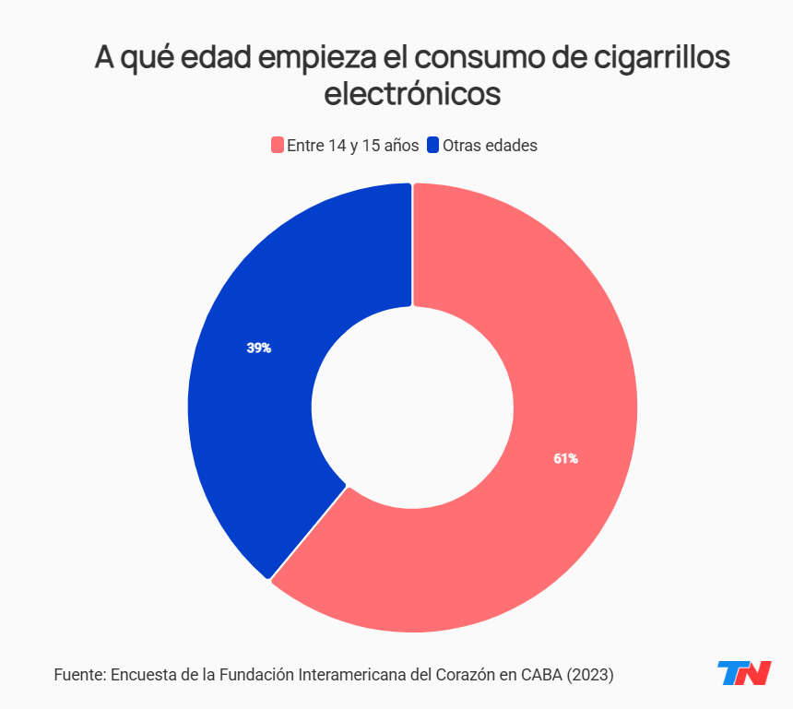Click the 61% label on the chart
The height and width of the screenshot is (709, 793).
(565, 458)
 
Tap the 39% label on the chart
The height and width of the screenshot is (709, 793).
(258, 349)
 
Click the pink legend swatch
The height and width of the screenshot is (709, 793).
(276, 146)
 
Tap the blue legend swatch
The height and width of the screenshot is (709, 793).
(432, 146)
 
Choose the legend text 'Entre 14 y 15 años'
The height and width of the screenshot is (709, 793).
(352, 146)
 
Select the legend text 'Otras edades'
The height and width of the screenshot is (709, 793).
(490, 146)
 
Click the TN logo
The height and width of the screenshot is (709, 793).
(744, 673)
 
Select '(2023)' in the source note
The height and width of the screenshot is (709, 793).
(590, 674)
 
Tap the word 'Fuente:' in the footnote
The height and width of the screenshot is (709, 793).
(79, 674)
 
